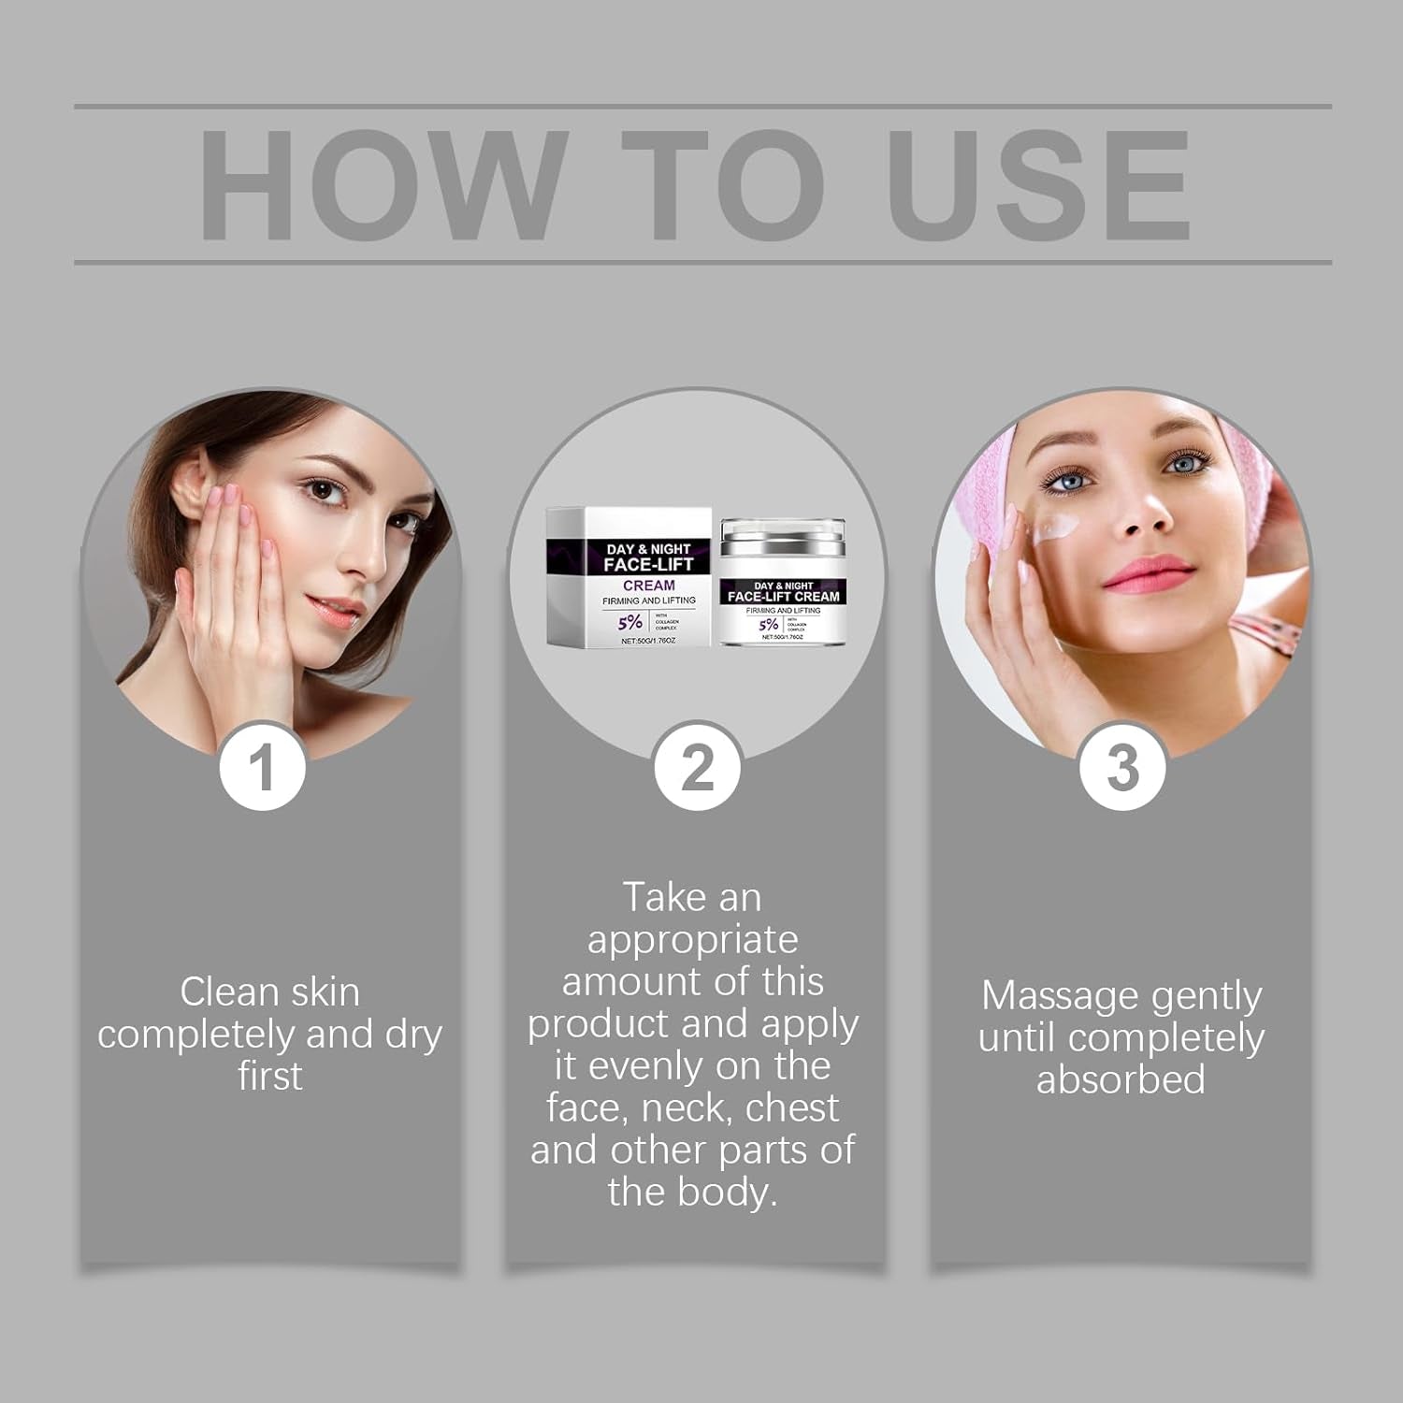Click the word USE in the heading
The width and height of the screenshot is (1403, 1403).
[1038, 185]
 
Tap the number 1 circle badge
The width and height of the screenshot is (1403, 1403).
[263, 767]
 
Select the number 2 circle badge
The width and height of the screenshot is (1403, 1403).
[697, 767]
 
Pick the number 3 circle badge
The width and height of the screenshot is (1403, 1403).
[1122, 767]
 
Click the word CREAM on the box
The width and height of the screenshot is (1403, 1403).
[648, 585]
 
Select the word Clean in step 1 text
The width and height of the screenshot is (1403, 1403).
[225, 992]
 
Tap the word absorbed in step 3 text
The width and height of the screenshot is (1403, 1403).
[1121, 1079]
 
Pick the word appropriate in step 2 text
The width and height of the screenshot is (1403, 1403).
[692, 940]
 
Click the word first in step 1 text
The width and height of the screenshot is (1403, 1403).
[269, 1076]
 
